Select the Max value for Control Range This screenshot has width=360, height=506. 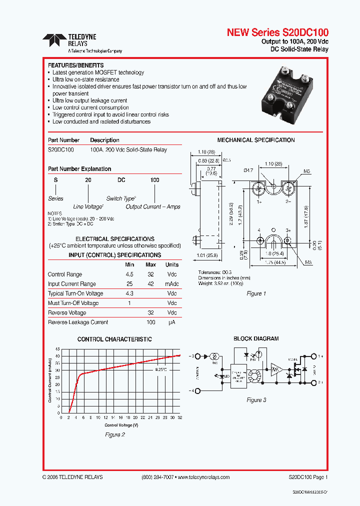(150, 274)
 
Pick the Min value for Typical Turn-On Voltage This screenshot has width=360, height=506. (129, 293)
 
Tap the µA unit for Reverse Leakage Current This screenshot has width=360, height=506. (172, 322)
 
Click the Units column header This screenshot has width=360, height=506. (172, 264)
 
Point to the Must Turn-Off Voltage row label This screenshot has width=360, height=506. (73, 303)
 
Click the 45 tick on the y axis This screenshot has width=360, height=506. (57, 348)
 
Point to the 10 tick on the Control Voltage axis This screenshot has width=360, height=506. (98, 417)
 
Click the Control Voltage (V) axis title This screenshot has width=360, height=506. (119, 425)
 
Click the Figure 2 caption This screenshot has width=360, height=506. (114, 435)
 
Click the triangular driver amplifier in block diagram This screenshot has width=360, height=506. (276, 369)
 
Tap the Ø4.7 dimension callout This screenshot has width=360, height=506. (248, 170)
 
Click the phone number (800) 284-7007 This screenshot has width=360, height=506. (157, 477)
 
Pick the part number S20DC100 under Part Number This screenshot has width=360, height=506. (61, 149)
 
